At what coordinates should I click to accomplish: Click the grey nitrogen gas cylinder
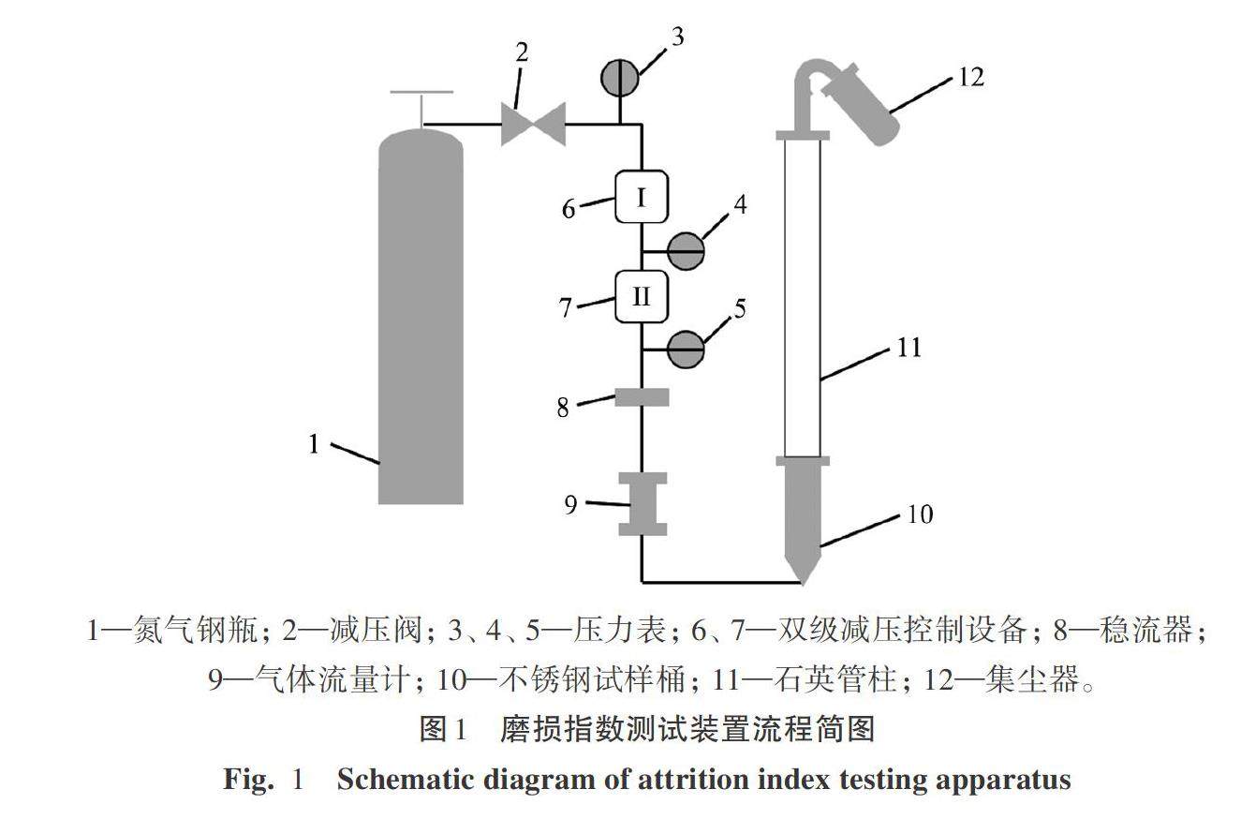coord(421,319)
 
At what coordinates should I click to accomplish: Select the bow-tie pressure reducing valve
coord(533,124)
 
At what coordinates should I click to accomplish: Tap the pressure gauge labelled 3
coord(619,78)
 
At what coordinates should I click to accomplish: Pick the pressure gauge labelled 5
coord(687,350)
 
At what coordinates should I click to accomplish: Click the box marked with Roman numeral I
coord(641,197)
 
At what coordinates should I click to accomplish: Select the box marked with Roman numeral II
coord(641,296)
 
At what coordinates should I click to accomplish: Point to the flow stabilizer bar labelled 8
coord(642,398)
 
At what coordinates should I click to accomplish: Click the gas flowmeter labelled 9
coord(643,504)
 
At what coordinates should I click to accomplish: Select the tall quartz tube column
coord(803,298)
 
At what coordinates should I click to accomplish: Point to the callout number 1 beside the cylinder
coord(315,443)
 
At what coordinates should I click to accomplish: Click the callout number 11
coord(909,348)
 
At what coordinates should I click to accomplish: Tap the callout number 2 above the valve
coord(522,52)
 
